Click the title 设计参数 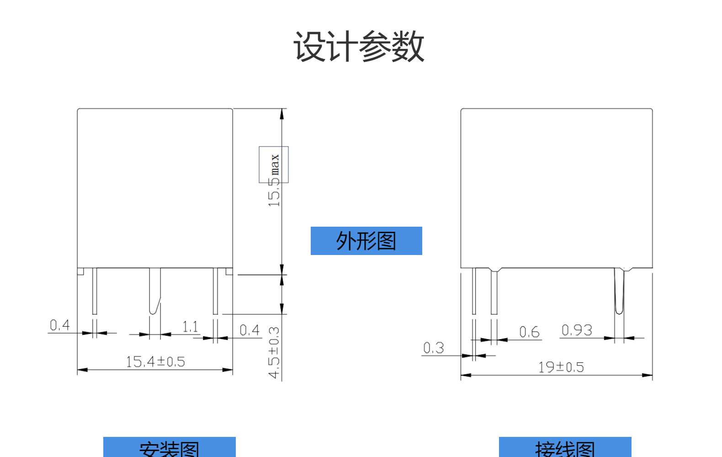(x=359, y=47)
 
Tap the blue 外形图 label (x=366, y=241)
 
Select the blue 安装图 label (x=169, y=448)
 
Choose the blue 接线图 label (x=565, y=448)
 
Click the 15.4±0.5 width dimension (x=155, y=362)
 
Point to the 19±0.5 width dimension (x=561, y=367)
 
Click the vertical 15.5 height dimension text (x=274, y=192)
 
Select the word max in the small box (x=275, y=165)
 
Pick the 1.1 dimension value (x=190, y=327)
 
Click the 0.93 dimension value (x=577, y=330)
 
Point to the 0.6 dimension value (x=529, y=332)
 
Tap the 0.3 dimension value (x=433, y=348)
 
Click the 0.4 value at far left (x=60, y=325)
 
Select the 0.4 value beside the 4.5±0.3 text (x=250, y=330)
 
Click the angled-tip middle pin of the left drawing (x=154, y=292)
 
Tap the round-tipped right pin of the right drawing (x=619, y=292)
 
